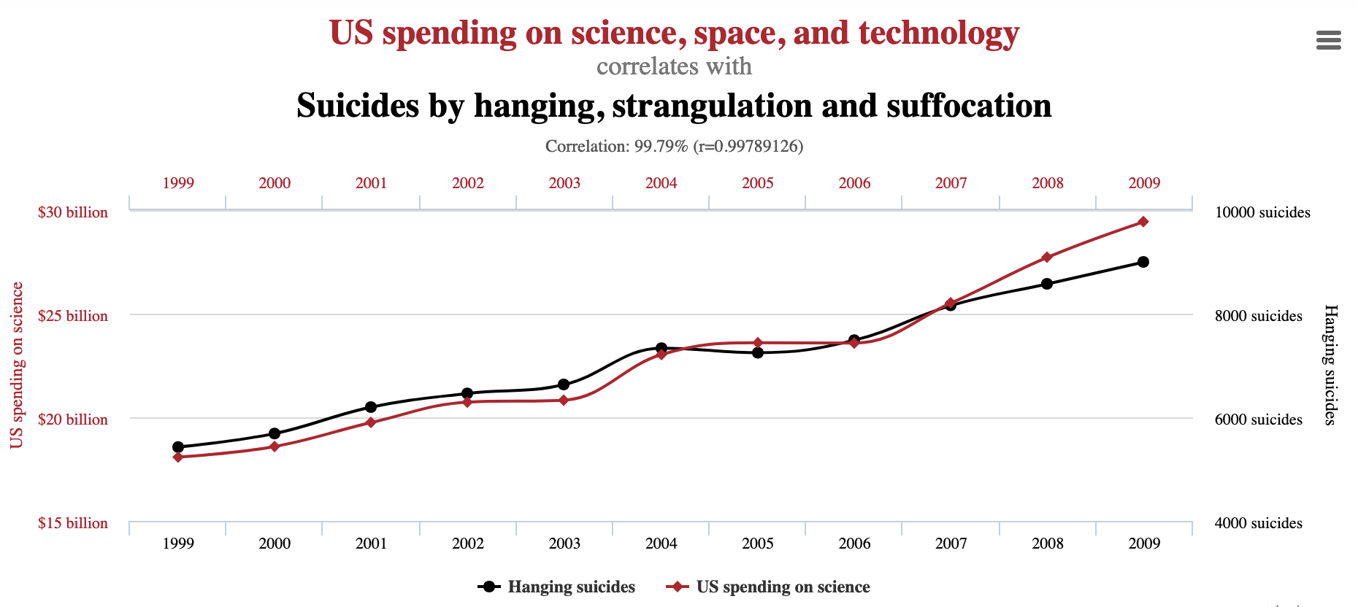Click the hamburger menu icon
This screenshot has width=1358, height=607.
pyautogui.click(x=1328, y=40)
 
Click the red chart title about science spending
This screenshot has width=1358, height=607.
pyautogui.click(x=674, y=34)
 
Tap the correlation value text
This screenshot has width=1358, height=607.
pyautogui.click(x=674, y=147)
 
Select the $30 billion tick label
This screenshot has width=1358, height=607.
pyautogui.click(x=73, y=212)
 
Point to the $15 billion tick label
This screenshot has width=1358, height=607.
pyautogui.click(x=73, y=523)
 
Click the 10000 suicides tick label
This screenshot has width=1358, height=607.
pyautogui.click(x=1262, y=212)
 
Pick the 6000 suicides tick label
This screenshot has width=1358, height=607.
pyautogui.click(x=1258, y=420)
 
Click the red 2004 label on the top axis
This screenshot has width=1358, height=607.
pyautogui.click(x=661, y=183)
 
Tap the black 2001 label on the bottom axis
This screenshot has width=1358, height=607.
pyautogui.click(x=371, y=544)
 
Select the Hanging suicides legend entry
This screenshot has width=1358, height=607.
pyautogui.click(x=556, y=587)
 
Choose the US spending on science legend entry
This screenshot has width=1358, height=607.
pyautogui.click(x=768, y=587)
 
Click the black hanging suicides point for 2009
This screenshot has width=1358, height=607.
pyautogui.click(x=1143, y=262)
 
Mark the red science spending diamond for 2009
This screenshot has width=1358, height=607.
pyautogui.click(x=1143, y=222)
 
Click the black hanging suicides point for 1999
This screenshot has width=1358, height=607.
pyautogui.click(x=178, y=447)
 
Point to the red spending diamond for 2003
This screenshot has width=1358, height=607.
pyautogui.click(x=564, y=401)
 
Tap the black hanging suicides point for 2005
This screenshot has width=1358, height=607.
pyautogui.click(x=758, y=352)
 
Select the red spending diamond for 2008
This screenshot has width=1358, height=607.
pyautogui.click(x=1047, y=258)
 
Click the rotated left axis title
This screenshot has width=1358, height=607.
pyautogui.click(x=17, y=365)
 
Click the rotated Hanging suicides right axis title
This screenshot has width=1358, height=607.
pyautogui.click(x=1330, y=365)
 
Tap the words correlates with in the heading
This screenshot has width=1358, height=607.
pyautogui.click(x=674, y=67)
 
